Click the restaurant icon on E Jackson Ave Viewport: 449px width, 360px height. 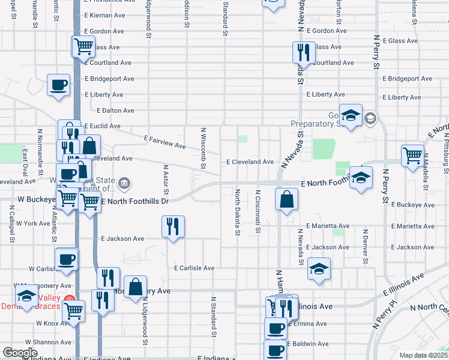pos(173,227)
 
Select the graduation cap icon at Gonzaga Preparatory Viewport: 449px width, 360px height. pos(351,115)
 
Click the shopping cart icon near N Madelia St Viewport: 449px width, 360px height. pos(412,155)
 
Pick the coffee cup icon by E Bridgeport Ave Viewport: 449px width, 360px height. pos(59,85)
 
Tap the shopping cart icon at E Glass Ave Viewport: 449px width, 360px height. pos(83,46)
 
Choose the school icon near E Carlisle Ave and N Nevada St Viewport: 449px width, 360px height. pos(319,269)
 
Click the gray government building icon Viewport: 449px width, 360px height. pos(124,182)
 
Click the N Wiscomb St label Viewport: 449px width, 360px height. pos(203,148)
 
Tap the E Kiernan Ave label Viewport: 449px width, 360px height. pos(104,15)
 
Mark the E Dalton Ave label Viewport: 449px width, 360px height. pos(116,110)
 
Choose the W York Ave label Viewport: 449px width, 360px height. pos(33,223)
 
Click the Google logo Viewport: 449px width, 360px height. pos(20,353)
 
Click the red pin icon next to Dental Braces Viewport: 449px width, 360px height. pos(70,299)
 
